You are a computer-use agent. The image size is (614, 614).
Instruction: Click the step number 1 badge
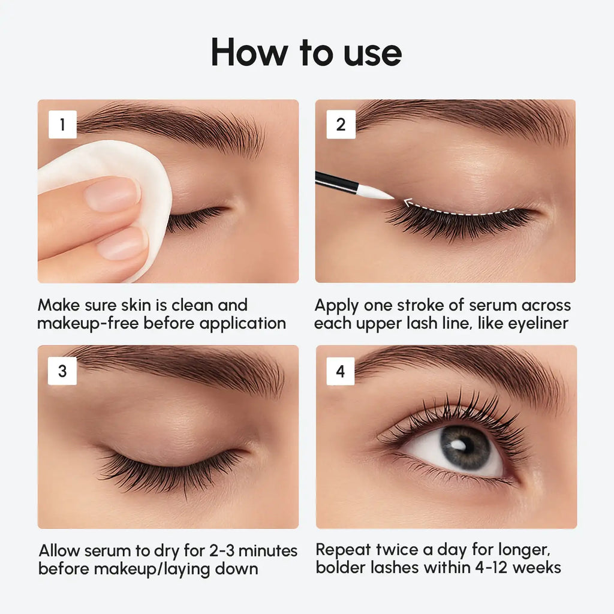coord(62,125)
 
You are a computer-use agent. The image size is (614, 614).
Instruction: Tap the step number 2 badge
coord(341,125)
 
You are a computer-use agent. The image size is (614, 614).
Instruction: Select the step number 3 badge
coord(62,371)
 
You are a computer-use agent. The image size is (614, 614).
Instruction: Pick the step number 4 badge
coord(341,371)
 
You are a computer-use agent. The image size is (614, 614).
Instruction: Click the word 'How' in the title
coord(248,53)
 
